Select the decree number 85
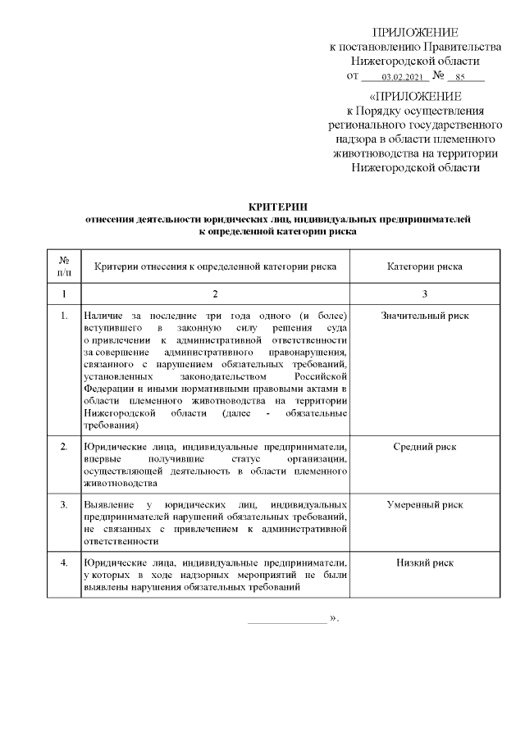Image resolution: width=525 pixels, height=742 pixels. (x=461, y=77)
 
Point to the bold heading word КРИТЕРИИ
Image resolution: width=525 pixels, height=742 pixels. (x=277, y=207)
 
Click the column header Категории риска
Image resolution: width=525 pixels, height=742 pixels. (x=424, y=266)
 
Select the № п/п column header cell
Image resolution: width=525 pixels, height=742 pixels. (x=64, y=266)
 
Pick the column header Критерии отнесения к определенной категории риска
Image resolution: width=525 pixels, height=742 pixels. (x=215, y=266)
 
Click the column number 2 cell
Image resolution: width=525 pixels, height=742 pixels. (x=215, y=294)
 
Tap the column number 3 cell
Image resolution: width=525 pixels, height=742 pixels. (x=424, y=294)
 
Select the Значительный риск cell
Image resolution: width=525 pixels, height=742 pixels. (x=424, y=316)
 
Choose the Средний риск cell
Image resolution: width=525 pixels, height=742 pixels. (x=424, y=447)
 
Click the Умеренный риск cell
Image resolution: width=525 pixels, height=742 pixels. (x=424, y=505)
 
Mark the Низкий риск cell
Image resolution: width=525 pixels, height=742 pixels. (x=424, y=563)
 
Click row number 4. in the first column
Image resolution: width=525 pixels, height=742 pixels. (x=64, y=563)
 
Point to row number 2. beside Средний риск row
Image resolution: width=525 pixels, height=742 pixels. (x=64, y=447)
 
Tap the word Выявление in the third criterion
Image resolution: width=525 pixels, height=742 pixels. (x=107, y=505)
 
